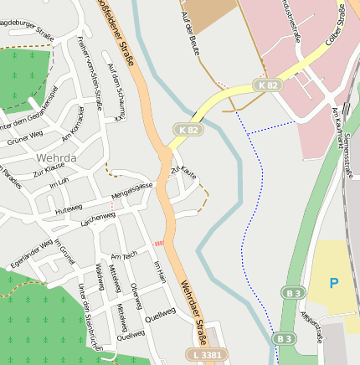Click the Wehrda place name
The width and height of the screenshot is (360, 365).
coord(57,157)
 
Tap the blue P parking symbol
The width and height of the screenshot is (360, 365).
coord(334,283)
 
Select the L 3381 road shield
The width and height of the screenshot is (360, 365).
coord(208,356)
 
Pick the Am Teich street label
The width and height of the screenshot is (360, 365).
coord(124,256)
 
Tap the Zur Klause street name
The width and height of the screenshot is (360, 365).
coord(49,169)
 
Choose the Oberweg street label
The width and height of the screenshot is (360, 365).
coord(136,295)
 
